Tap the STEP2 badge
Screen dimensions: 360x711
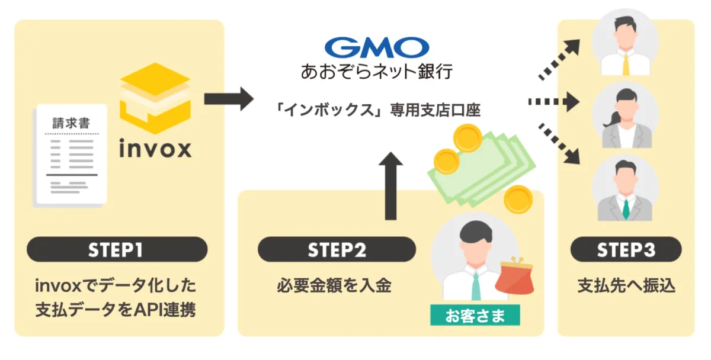click(x=336, y=249)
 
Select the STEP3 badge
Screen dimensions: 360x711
click(x=625, y=249)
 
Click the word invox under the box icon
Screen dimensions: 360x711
click(x=155, y=148)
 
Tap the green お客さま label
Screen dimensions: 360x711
click(x=475, y=315)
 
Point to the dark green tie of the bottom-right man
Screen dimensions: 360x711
click(x=626, y=208)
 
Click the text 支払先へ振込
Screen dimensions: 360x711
click(x=626, y=285)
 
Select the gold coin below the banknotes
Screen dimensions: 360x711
click(x=518, y=198)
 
